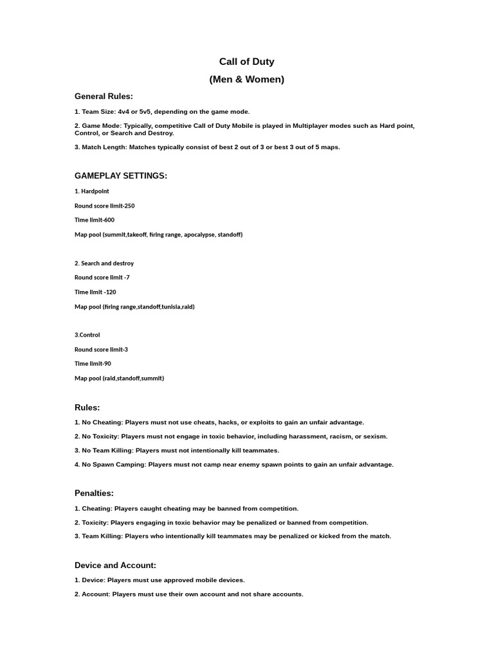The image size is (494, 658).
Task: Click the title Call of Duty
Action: [246, 62]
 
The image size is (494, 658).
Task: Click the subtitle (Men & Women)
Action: [246, 80]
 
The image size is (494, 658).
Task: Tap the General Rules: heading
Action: [104, 96]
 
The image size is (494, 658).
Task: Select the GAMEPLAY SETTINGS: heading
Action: [121, 175]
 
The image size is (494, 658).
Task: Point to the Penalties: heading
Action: [94, 493]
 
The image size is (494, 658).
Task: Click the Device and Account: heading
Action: [115, 565]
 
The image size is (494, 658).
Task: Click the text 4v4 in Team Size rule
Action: [123, 112]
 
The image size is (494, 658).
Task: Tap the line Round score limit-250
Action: [104, 206]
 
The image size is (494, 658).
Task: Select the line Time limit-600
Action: [95, 220]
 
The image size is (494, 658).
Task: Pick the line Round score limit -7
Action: [102, 278]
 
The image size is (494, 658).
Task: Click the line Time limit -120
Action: [95, 292]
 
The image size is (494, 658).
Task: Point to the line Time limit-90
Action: [93, 364]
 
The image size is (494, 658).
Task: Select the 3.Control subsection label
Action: [87, 335]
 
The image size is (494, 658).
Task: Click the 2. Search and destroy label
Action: [104, 263]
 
